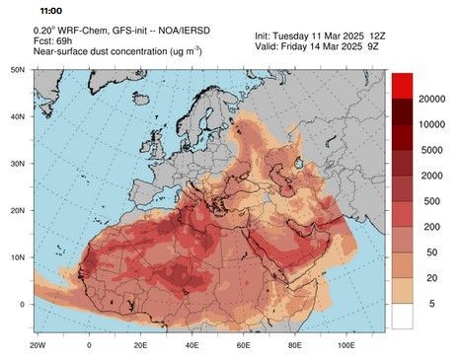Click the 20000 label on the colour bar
click(434, 101)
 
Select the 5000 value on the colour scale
click(430, 151)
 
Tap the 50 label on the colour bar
click(425, 253)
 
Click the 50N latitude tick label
click(17, 70)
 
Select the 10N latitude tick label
click(17, 256)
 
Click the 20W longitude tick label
click(38, 347)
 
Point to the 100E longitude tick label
click(346, 347)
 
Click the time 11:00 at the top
click(39, 10)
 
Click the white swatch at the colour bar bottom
click(402, 317)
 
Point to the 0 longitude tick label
click(89, 347)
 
